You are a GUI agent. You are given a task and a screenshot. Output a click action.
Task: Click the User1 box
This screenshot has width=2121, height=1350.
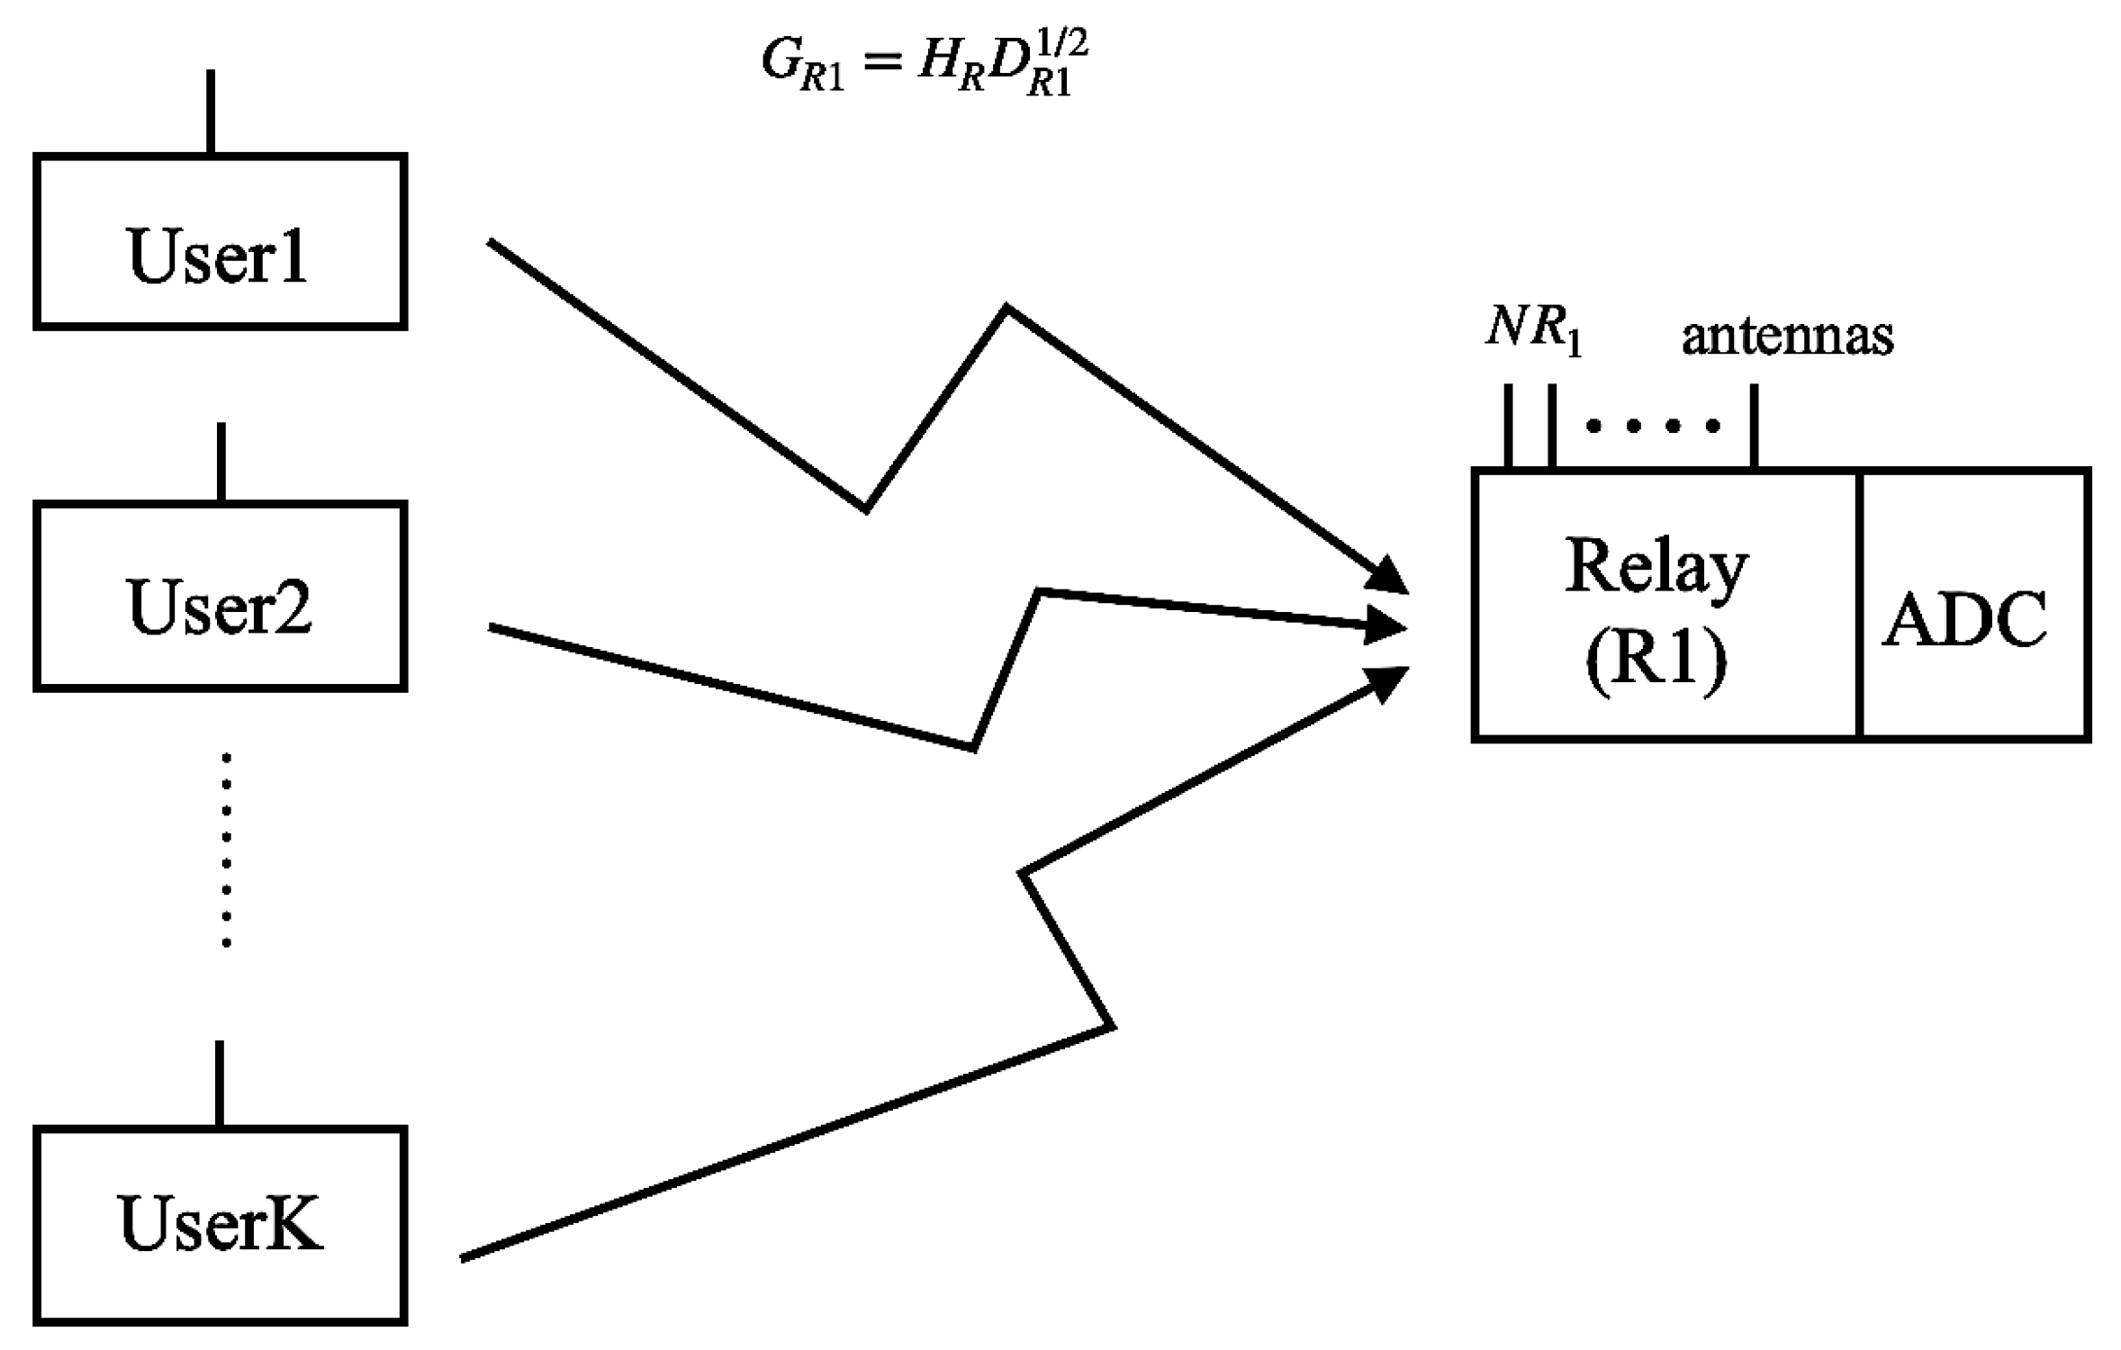[x=220, y=241]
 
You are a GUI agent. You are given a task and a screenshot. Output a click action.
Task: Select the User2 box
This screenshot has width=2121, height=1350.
[x=220, y=596]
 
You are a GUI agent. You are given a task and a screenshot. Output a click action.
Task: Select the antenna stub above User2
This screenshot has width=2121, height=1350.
[x=221, y=462]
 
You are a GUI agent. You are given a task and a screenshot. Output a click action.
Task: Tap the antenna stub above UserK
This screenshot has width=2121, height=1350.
[x=220, y=1084]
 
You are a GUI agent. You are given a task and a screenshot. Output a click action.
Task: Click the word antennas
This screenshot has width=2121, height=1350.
[x=1787, y=336]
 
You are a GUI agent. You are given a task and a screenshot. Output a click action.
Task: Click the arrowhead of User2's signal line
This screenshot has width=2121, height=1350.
[x=1386, y=625]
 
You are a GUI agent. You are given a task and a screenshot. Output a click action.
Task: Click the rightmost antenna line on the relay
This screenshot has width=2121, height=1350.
[x=1754, y=426]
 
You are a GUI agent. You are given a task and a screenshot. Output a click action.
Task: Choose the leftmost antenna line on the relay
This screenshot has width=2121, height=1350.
[x=1508, y=426]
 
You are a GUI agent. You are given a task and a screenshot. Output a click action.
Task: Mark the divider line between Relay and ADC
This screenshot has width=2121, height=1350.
[x=1858, y=605]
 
